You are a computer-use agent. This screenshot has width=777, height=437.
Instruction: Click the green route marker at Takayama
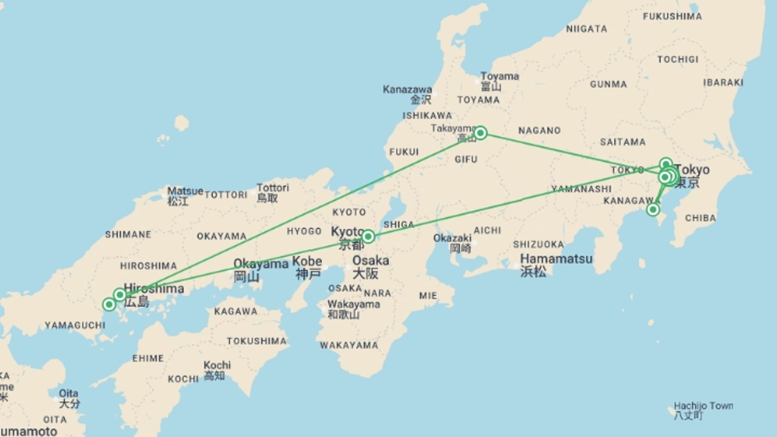pyautogui.click(x=480, y=133)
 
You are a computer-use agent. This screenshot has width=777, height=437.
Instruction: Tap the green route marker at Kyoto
pyautogui.click(x=368, y=236)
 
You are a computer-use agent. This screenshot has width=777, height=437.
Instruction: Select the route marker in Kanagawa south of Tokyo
pyautogui.click(x=652, y=210)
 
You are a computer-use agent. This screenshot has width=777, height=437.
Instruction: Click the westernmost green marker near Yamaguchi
pyautogui.click(x=109, y=304)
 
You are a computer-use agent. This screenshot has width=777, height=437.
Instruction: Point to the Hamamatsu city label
pyautogui.click(x=556, y=259)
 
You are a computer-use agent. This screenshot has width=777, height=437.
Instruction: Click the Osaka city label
pyautogui.click(x=370, y=261)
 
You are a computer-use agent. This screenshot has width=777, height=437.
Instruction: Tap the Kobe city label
pyautogui.click(x=307, y=261)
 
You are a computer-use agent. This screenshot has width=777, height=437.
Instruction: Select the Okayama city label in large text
pyautogui.click(x=261, y=264)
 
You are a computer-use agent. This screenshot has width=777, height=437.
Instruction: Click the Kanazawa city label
pyautogui.click(x=407, y=89)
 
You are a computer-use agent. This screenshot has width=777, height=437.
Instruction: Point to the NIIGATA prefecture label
pyautogui.click(x=586, y=29)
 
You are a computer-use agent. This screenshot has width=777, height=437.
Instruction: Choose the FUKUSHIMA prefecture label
pyautogui.click(x=672, y=17)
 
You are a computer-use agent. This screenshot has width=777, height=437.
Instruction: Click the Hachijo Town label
pyautogui.click(x=703, y=406)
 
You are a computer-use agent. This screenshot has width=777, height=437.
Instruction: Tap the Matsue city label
pyautogui.click(x=185, y=191)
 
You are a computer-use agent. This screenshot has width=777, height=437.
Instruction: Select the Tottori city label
pyautogui.click(x=273, y=188)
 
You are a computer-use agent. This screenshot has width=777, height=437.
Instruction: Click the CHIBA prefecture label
pyautogui.click(x=700, y=218)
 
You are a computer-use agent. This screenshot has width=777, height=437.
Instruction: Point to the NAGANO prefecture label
pyautogui.click(x=539, y=131)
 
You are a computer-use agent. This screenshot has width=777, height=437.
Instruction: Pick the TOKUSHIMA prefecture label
pyautogui.click(x=257, y=341)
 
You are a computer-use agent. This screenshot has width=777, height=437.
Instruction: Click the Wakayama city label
pyautogui.click(x=353, y=304)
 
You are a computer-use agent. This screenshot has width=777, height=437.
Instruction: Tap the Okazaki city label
pyautogui.click(x=452, y=238)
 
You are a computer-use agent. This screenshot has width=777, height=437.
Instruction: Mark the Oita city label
pyautogui.click(x=68, y=394)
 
